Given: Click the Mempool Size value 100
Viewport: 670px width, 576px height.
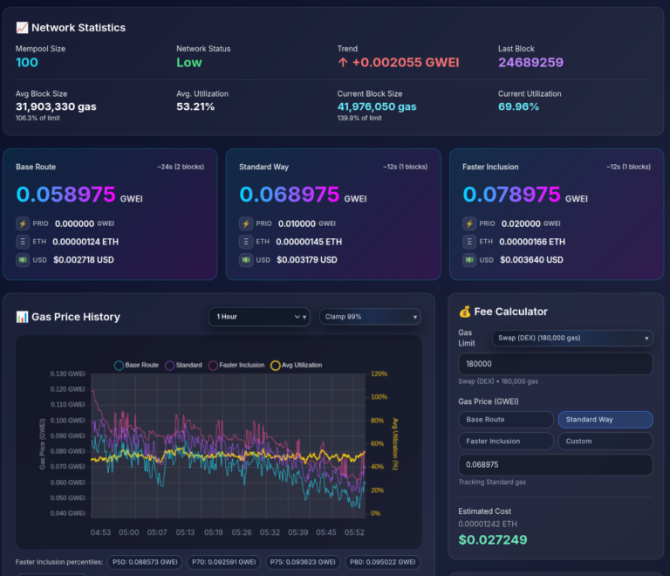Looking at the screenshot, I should click(x=27, y=63).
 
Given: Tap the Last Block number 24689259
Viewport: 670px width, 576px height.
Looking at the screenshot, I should click(x=530, y=63).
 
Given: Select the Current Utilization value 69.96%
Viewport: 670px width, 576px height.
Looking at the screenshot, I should click(x=518, y=106).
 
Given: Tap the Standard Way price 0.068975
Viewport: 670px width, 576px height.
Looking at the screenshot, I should click(x=289, y=194).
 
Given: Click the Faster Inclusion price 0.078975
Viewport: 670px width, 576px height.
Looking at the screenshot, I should click(x=511, y=194).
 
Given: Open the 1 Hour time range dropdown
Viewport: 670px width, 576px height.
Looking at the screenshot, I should click(x=258, y=317).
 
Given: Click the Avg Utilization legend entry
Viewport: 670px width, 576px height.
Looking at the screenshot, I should click(x=297, y=365).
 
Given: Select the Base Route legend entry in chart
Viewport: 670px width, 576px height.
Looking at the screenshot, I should click(x=137, y=365).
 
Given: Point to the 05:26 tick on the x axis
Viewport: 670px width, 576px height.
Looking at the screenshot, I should click(x=242, y=531).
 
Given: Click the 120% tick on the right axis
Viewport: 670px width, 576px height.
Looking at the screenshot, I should click(x=379, y=374).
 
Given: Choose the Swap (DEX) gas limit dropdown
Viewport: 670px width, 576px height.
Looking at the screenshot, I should click(x=571, y=338).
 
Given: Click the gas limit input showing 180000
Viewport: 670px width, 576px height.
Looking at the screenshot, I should click(x=555, y=364).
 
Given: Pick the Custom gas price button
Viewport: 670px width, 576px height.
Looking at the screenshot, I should click(x=605, y=441).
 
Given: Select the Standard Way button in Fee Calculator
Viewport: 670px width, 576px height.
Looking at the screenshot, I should click(x=605, y=420).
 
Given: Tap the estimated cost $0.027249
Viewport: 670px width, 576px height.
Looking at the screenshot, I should click(x=493, y=540).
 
